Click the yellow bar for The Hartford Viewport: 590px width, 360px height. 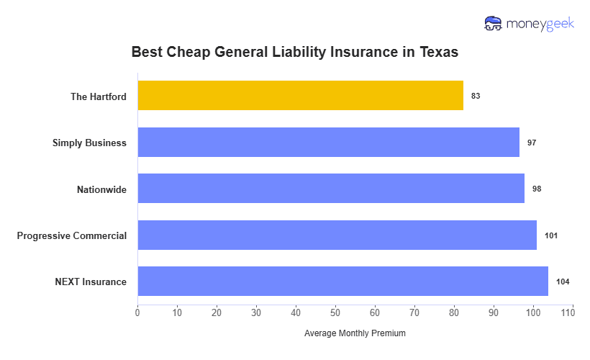point(300,96)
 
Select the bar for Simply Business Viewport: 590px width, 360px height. point(328,143)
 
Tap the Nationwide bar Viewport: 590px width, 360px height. point(331,189)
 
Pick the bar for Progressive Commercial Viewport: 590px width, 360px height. point(337,235)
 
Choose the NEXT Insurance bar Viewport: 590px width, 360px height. point(342,282)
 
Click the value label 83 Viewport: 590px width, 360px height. point(476,96)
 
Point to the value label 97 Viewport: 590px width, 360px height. point(532,143)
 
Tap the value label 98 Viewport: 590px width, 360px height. point(536,189)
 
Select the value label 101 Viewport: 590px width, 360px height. point(551,235)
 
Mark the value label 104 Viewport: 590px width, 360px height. point(563,282)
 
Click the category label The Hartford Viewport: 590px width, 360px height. point(98,96)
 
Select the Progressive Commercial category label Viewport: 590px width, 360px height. point(72,235)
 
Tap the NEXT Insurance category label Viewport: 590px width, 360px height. point(91,282)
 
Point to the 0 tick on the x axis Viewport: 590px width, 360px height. point(137,313)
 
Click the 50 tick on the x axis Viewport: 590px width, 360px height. point(335,313)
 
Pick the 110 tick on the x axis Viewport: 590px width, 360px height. point(572,313)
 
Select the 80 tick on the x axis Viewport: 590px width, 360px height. point(454,313)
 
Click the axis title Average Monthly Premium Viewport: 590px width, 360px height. point(355,333)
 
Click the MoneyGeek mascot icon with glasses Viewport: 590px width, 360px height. point(494,24)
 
